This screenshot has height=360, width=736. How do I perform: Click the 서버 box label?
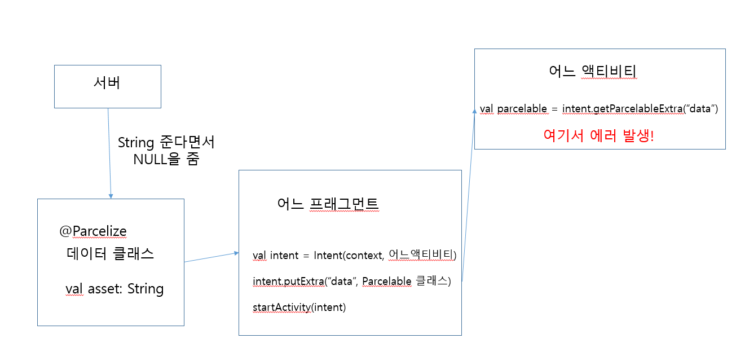(x=107, y=84)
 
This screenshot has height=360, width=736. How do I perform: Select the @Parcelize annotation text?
(x=93, y=231)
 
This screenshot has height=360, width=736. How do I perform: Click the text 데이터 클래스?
(x=111, y=253)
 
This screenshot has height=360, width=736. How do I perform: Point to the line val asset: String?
(x=114, y=289)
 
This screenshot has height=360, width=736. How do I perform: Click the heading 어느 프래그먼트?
(x=328, y=204)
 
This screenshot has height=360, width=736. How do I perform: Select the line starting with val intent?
(x=354, y=255)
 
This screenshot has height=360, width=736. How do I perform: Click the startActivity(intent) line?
(x=299, y=307)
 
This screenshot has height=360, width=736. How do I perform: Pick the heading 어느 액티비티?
(x=593, y=72)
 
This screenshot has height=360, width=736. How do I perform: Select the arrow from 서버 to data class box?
(x=109, y=152)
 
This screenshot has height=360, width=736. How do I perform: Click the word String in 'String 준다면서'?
(x=136, y=143)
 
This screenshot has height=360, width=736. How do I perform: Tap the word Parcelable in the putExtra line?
(x=386, y=281)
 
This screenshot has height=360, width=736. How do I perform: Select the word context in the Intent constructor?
(x=365, y=255)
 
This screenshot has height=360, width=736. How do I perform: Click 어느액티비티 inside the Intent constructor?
(x=421, y=255)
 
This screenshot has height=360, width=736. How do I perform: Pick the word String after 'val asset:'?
(x=146, y=289)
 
